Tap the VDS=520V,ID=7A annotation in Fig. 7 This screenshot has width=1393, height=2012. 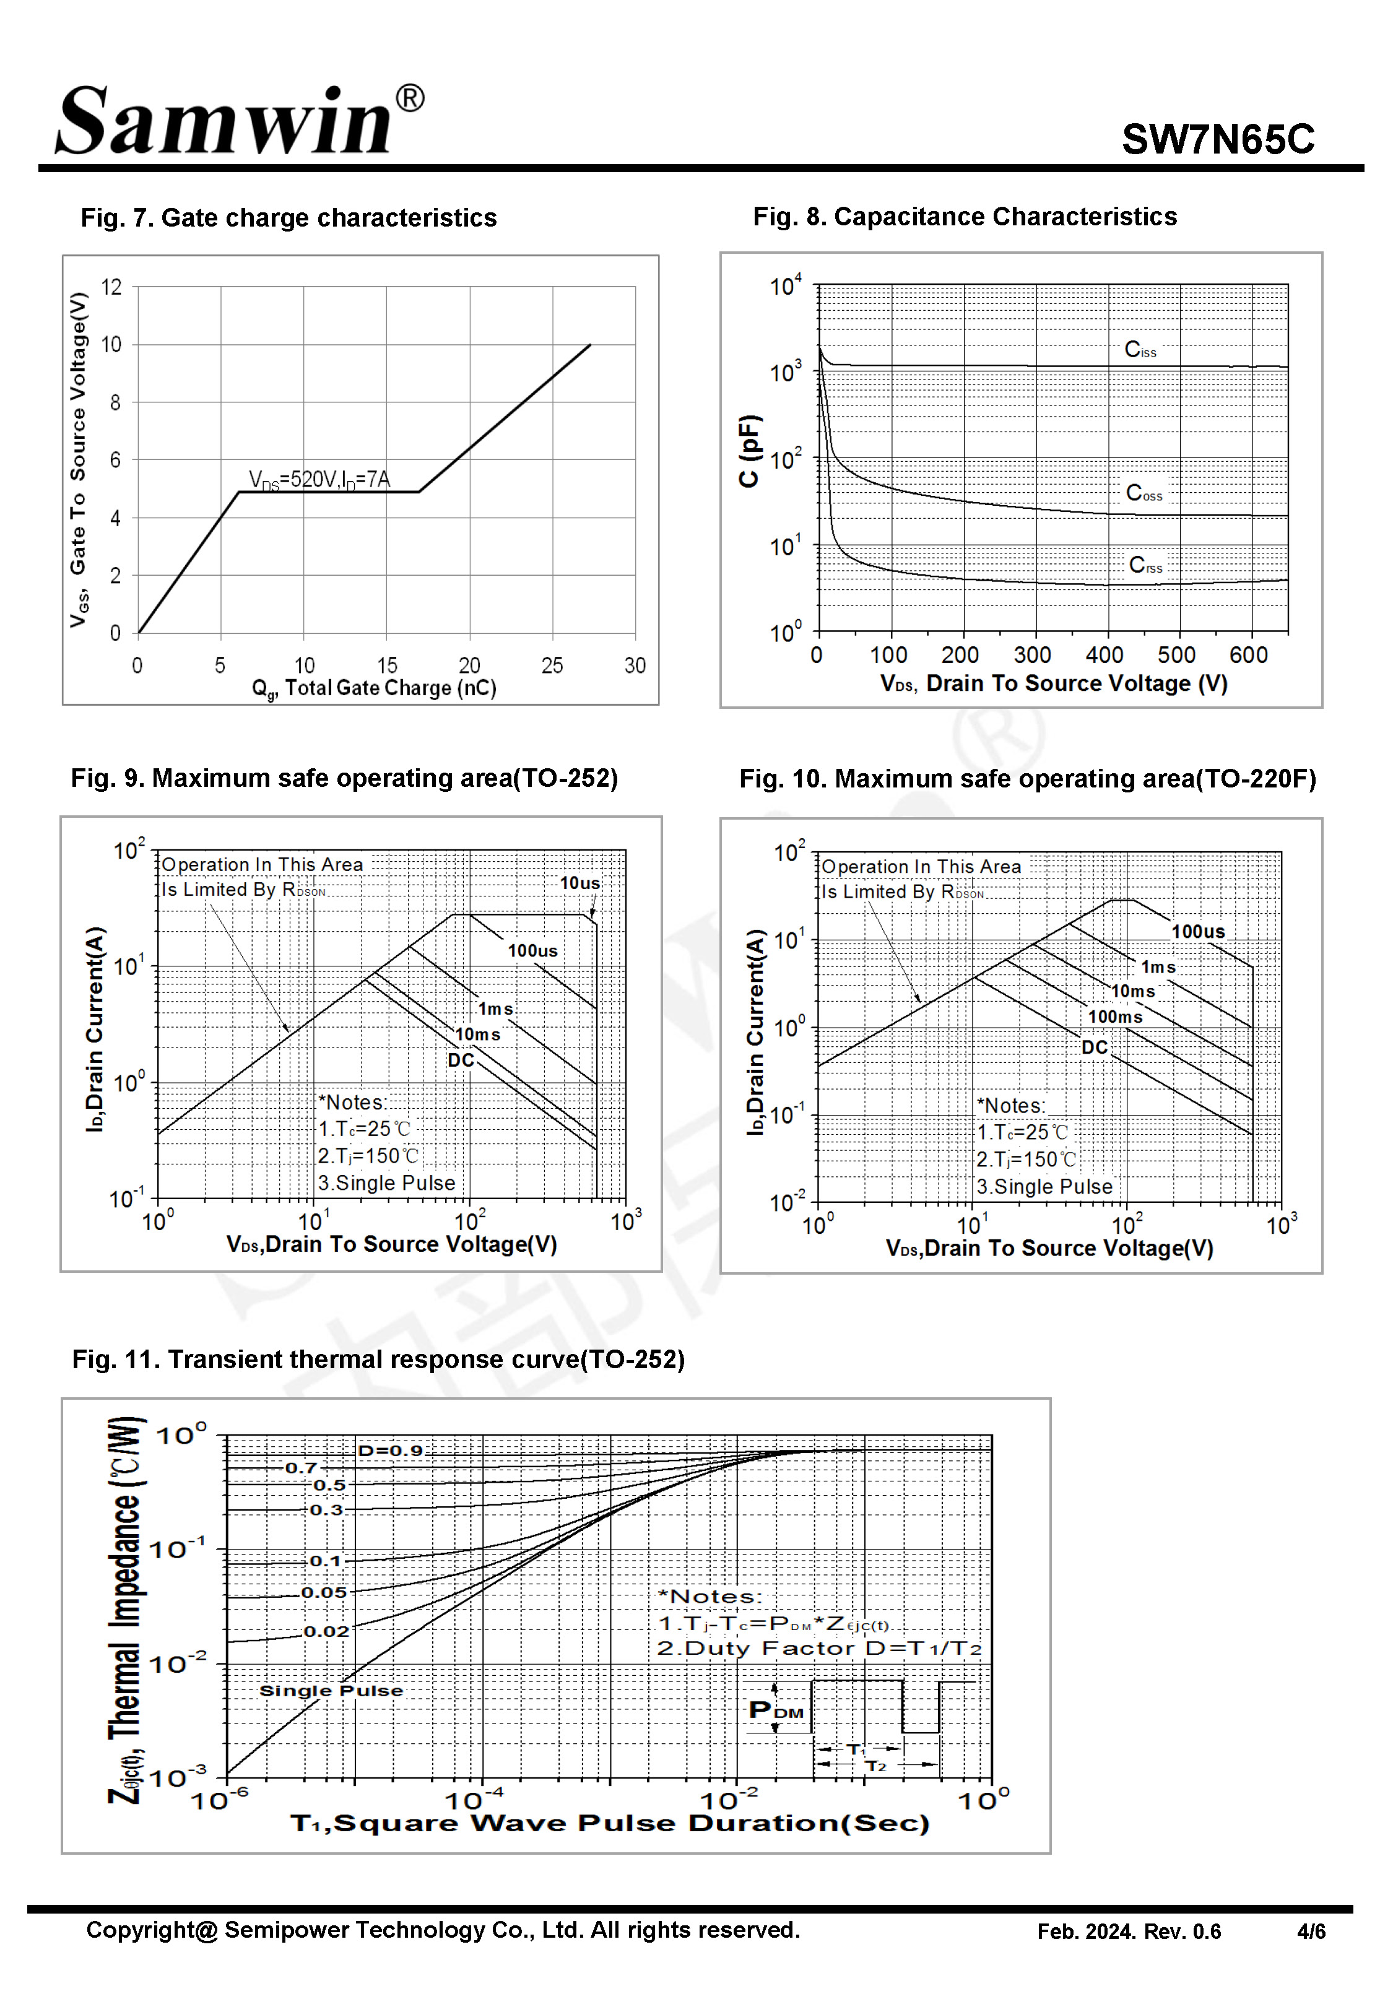point(319,479)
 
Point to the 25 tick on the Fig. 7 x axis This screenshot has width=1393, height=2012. point(552,666)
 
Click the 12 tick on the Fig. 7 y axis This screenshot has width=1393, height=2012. point(111,287)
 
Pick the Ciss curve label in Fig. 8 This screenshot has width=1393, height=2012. point(1140,350)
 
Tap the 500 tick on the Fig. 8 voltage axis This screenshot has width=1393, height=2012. point(1176,655)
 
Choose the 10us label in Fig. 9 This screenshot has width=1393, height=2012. point(579,883)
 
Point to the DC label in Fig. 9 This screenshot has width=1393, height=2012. point(461,1060)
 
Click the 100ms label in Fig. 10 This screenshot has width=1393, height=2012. point(1114,1017)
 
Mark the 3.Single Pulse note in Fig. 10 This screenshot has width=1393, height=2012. point(1044,1187)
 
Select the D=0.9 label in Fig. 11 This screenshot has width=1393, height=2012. point(390,1451)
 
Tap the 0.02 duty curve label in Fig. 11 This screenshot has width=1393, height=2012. point(326,1632)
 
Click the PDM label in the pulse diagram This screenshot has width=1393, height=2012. point(775,1710)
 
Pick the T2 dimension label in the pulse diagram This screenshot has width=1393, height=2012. point(875,1766)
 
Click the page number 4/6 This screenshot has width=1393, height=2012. point(1310,1932)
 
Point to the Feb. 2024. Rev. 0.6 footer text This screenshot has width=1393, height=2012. point(1129,1932)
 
